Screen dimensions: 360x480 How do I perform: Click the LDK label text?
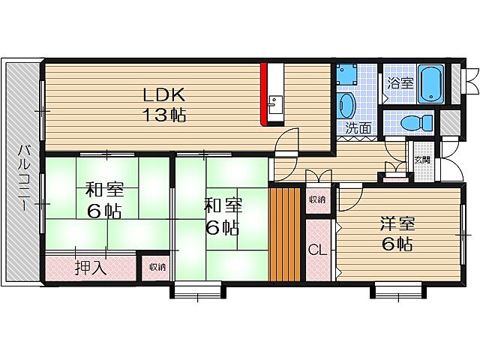[x=163, y=95]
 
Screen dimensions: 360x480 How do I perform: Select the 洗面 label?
[x=358, y=127]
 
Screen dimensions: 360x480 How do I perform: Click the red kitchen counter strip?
[x=264, y=96]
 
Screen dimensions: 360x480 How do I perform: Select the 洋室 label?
[x=397, y=224]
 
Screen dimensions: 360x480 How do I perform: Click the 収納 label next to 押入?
[x=156, y=266]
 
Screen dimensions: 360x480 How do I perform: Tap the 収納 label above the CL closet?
[x=316, y=199]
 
